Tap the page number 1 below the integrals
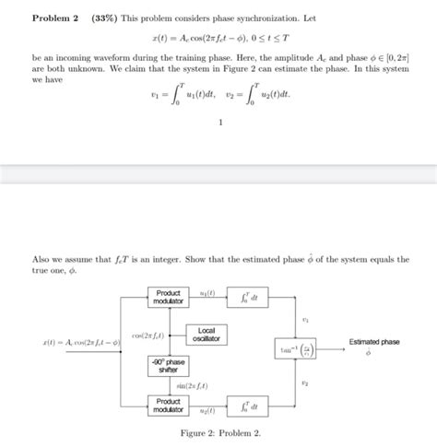tap(219, 143)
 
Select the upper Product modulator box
tap(169, 298)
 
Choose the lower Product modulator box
tap(169, 406)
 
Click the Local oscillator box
tap(206, 335)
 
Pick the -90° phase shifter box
tap(169, 367)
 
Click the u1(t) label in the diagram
tap(208, 291)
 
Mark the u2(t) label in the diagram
tap(208, 412)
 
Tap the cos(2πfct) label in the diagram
tap(148, 335)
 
